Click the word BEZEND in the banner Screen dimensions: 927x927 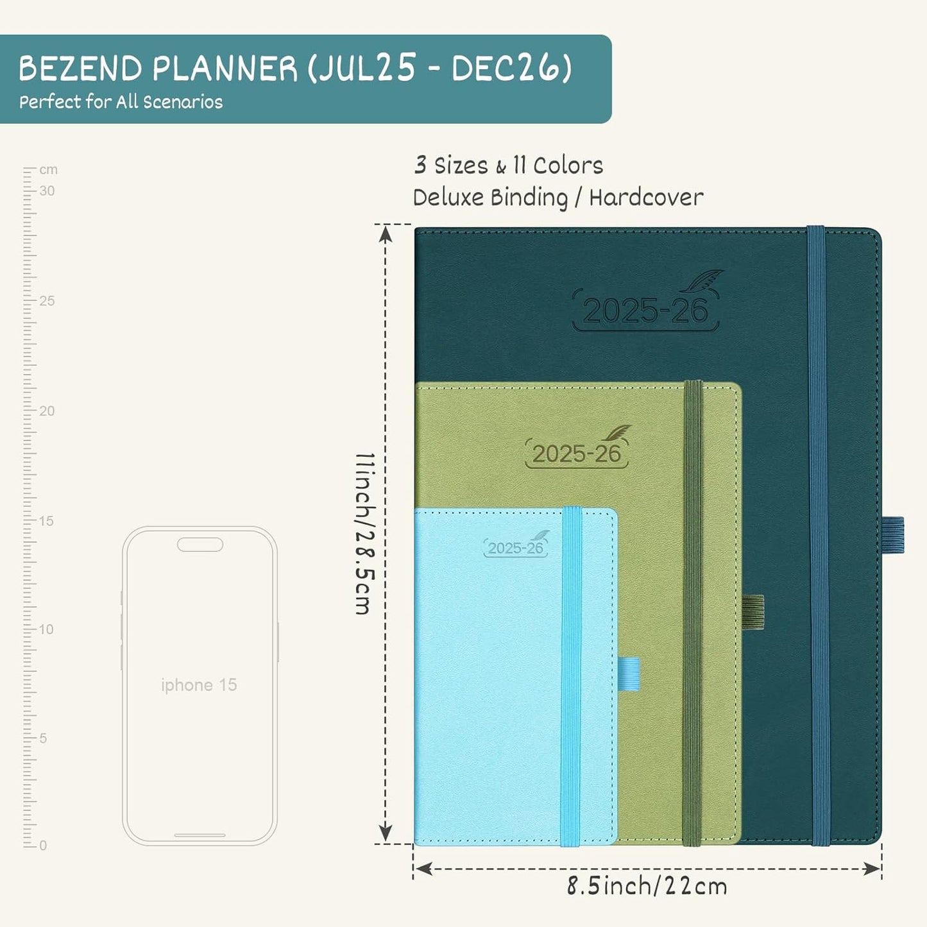pos(80,69)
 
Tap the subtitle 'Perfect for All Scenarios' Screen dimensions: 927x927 pos(121,102)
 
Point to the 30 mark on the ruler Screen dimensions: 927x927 pos(47,191)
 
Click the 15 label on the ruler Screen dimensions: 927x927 pos(46,521)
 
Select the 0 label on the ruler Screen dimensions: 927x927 pos(43,846)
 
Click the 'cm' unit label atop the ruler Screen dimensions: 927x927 pos(48,170)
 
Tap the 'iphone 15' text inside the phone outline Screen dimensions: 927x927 pos(199,685)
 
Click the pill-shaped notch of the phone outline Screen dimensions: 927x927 pos(200,545)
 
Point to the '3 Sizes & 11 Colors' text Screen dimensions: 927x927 pos(508,166)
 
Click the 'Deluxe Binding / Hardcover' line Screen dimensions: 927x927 pos(557,198)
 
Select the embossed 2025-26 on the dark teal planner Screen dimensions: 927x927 pos(645,311)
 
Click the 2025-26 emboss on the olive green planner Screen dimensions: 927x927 pos(576,454)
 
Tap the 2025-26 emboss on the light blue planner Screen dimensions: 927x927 pos(515,548)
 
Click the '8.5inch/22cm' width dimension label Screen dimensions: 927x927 pos(647,887)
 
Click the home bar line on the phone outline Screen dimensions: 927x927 pos(200,835)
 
